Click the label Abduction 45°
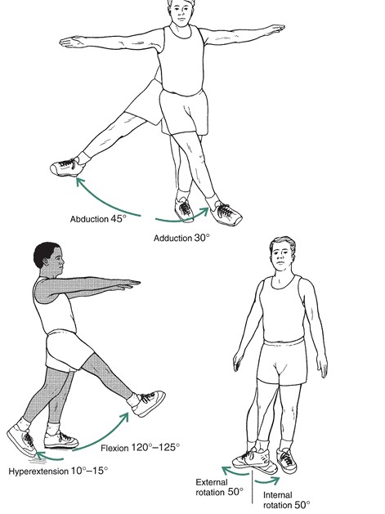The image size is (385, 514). tap(98, 219)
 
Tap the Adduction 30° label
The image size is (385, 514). tap(181, 238)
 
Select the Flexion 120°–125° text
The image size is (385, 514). tap(140, 448)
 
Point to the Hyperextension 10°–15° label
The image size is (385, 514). tap(58, 471)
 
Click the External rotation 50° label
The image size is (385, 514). tap(219, 487)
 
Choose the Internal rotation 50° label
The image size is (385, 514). tap(286, 499)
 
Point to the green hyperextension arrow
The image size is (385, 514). tap(49, 458)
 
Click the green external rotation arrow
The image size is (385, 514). tap(234, 472)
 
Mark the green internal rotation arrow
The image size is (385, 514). tap(267, 481)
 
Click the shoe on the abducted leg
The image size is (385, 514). tap(67, 167)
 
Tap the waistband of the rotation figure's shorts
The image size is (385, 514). tap(284, 341)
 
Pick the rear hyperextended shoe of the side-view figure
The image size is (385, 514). tap(21, 440)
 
